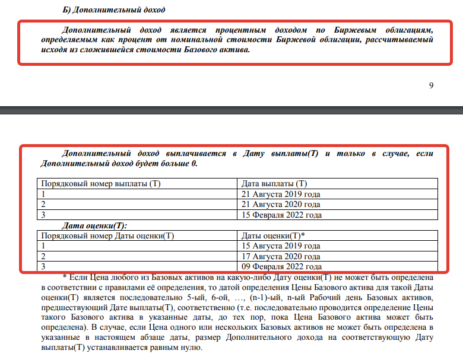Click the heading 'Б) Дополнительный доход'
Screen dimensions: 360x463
pos(113,9)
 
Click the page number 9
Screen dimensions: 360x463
pos(431,85)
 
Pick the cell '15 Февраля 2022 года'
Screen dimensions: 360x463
pos(281,215)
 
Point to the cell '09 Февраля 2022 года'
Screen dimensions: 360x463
pos(281,267)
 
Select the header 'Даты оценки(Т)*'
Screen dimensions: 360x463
pos(273,235)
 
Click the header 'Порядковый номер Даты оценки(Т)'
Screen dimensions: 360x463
pos(107,235)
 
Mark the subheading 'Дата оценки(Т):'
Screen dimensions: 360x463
pos(94,225)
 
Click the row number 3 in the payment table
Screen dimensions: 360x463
pos(43,215)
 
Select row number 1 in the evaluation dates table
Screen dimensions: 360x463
pos(43,246)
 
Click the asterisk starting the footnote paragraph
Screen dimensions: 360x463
pos(64,278)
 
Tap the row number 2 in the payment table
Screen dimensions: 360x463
pos(43,204)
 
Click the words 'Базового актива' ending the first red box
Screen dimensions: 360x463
pos(221,50)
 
